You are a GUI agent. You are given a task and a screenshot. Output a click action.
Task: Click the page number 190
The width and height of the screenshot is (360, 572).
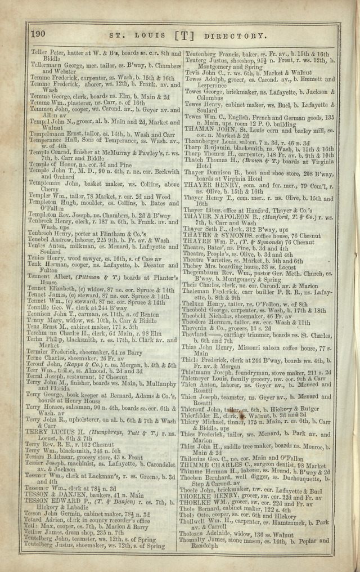[40, 35]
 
